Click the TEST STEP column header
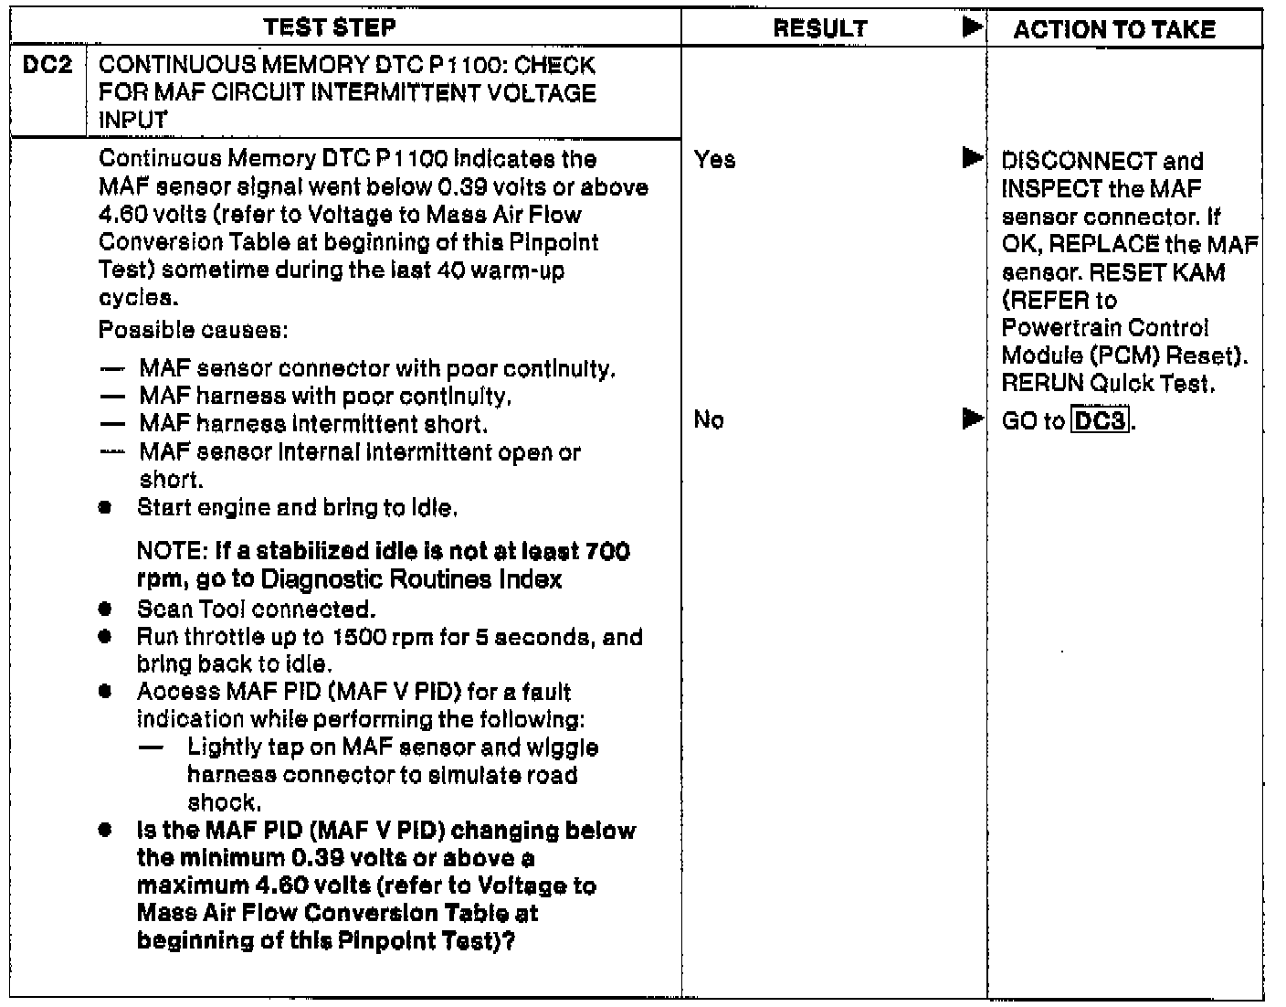click(330, 27)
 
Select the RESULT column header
click(819, 29)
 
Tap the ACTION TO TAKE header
click(1114, 30)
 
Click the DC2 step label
click(47, 66)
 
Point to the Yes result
click(714, 160)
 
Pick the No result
click(709, 420)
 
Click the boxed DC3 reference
click(1100, 421)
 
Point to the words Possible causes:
click(194, 329)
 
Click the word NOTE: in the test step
click(173, 552)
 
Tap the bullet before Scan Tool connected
click(107, 609)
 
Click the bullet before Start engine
click(107, 508)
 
